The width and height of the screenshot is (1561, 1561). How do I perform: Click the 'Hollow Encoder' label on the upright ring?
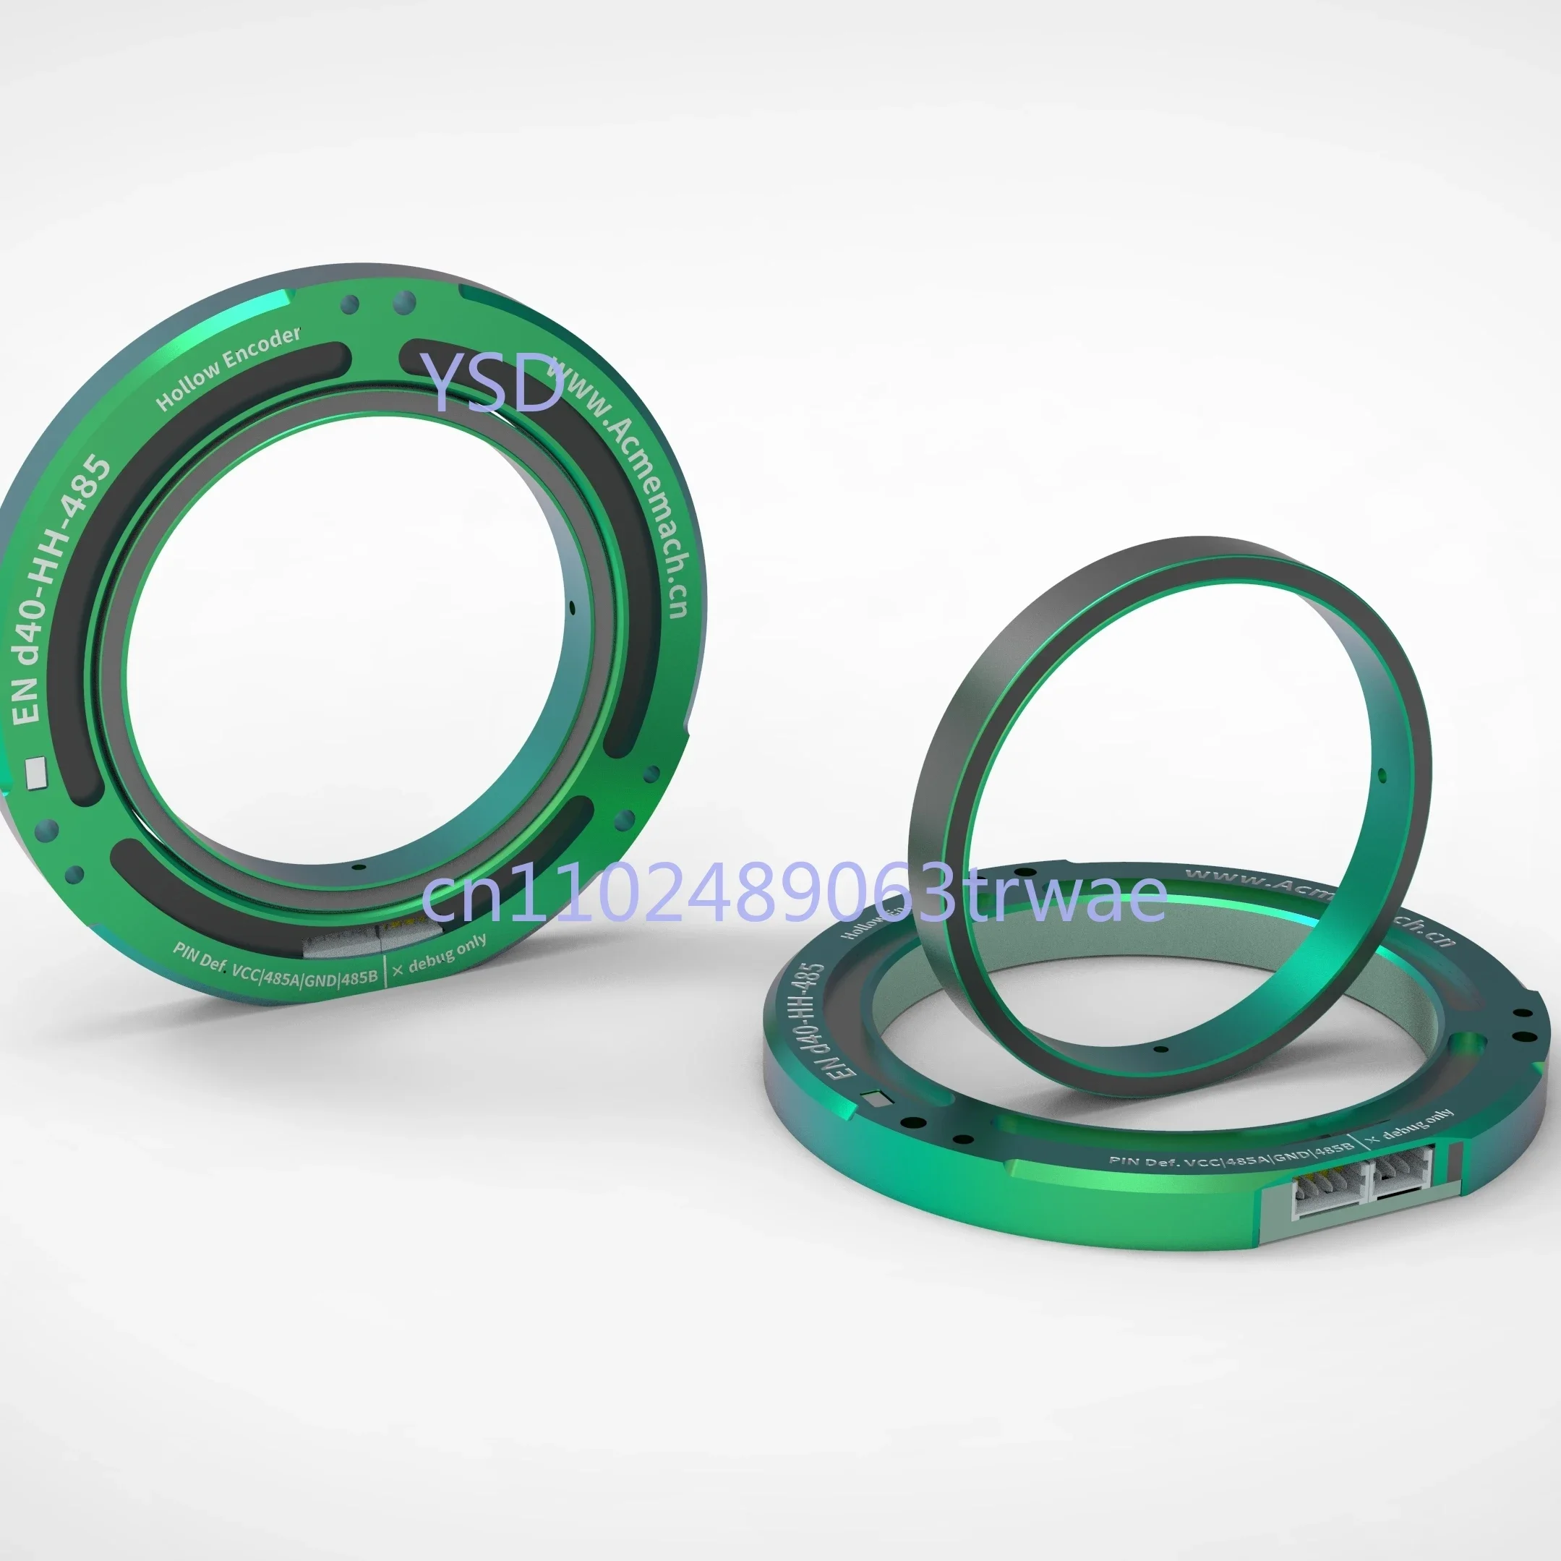pyautogui.click(x=228, y=369)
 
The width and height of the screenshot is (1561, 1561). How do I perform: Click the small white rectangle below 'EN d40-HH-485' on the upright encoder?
pyautogui.click(x=36, y=771)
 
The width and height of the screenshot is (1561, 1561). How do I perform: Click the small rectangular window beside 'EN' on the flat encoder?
pyautogui.click(x=876, y=1099)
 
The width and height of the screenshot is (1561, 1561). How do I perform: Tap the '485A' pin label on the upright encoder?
pyautogui.click(x=282, y=978)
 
